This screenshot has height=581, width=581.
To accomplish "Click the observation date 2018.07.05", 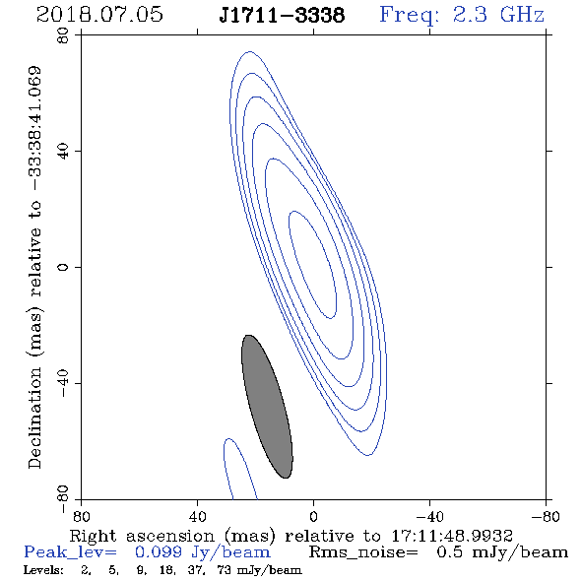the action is pos(99,15).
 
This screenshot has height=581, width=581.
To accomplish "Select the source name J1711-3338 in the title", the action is pos(282,15).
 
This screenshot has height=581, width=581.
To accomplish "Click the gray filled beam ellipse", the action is pos(267,407).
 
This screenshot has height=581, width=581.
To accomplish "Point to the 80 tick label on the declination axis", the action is pos(63,35).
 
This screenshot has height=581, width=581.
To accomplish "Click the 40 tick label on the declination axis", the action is pos(63,152).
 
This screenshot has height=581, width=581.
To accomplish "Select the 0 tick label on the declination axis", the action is pos(63,267).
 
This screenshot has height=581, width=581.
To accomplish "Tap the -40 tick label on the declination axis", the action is pos(63,383).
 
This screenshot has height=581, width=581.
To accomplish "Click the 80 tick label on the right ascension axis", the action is pos(81,516).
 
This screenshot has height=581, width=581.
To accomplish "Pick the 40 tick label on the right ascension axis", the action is pos(197,516).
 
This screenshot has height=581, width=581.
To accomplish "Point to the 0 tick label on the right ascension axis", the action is pos(313,516).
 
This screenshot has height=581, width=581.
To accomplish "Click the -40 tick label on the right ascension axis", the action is pos(429,516).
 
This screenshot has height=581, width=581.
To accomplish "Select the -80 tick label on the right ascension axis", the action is pos(546,516).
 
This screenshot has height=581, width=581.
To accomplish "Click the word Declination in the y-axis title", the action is pos(34,418).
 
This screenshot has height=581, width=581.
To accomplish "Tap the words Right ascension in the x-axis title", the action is pos(142,537).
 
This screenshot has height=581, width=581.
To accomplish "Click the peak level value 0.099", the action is pos(159,552).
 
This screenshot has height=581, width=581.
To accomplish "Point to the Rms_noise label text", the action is pos(363,552).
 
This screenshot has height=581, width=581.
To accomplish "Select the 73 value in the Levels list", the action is pos(225,569).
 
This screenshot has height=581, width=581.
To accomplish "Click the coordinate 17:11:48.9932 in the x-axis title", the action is pos(452,536).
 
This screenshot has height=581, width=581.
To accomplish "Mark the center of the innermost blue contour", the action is pos(312,265).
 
